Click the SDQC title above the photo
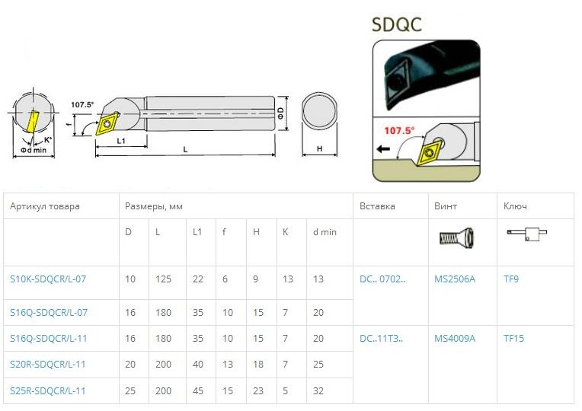396,24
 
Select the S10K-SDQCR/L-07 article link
48,279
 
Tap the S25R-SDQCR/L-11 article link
47,390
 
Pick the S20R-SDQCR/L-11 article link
47,365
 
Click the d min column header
325,232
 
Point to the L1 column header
197,232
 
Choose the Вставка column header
377,205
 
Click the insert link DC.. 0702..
382,279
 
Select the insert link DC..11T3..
381,338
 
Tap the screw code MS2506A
455,279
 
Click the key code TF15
513,338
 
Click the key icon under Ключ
526,234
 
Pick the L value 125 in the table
163,279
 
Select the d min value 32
318,390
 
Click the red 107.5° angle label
399,131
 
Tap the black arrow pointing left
383,148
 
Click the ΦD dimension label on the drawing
280,113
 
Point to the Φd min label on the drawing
34,150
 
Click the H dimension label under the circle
320,148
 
